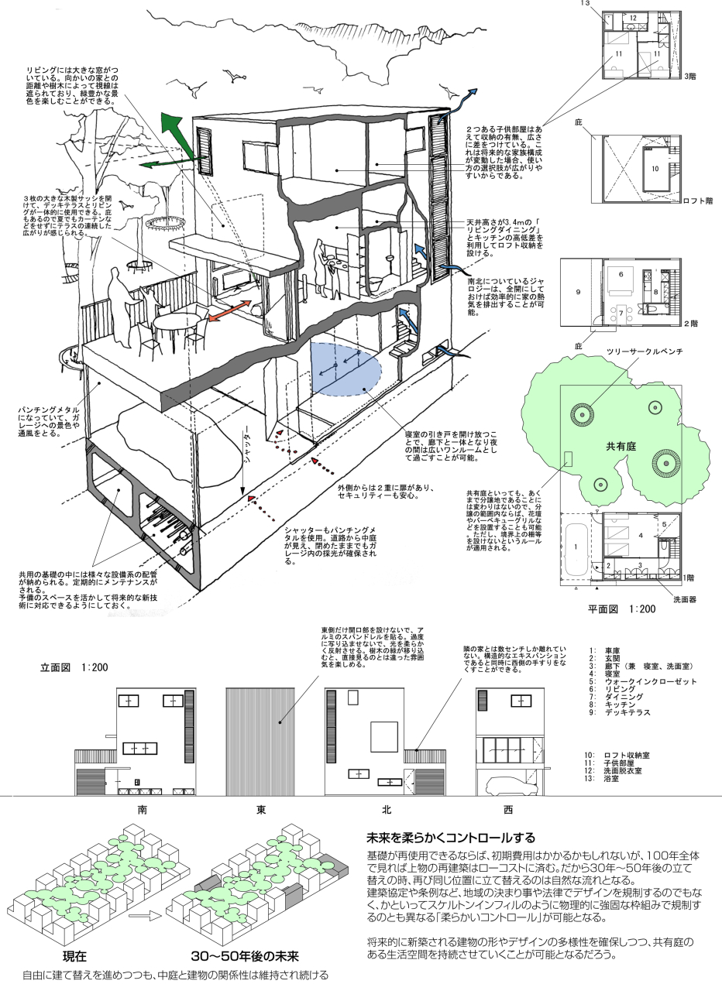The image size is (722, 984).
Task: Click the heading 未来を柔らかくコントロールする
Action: [x=456, y=838]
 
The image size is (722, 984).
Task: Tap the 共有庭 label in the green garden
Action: [x=621, y=447]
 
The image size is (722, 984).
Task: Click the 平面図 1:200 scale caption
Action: [x=621, y=609]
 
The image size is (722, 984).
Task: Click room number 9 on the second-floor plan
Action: [x=577, y=292]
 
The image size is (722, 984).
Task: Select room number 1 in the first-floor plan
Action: [x=576, y=547]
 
